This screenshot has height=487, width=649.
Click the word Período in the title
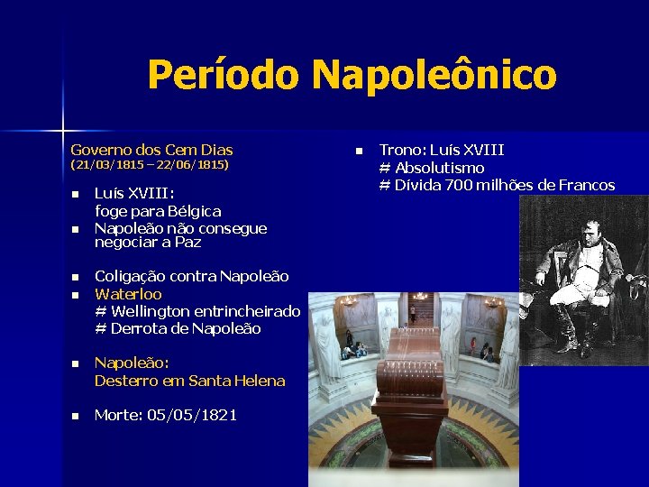[224, 75]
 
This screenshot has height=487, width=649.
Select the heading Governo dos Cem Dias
[151, 151]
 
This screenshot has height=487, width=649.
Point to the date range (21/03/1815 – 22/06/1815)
[150, 166]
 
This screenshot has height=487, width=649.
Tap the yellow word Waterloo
[128, 294]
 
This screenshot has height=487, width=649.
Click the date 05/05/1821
[194, 415]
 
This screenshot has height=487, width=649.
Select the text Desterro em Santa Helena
[189, 381]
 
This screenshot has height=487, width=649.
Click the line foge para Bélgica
[158, 211]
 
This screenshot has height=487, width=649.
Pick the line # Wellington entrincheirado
[197, 311]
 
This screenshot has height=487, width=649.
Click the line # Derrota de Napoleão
[178, 328]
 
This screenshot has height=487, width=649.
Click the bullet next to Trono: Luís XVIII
[358, 151]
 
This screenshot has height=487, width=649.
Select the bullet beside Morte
[76, 416]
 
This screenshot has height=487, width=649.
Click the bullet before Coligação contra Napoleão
[76, 278]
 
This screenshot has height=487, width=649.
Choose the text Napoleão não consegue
[180, 228]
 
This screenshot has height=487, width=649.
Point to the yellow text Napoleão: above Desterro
[132, 363]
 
